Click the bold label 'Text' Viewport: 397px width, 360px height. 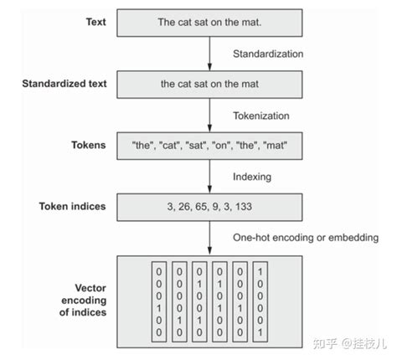(x=95, y=23)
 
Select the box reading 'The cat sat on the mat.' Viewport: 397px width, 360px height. (x=209, y=23)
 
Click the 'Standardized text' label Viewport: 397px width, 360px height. (x=65, y=84)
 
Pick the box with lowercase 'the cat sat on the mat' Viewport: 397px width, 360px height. (x=209, y=84)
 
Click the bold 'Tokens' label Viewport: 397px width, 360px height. (x=90, y=144)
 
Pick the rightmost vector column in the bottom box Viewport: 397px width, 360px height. (x=261, y=302)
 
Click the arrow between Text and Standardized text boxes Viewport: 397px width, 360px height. (x=209, y=54)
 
